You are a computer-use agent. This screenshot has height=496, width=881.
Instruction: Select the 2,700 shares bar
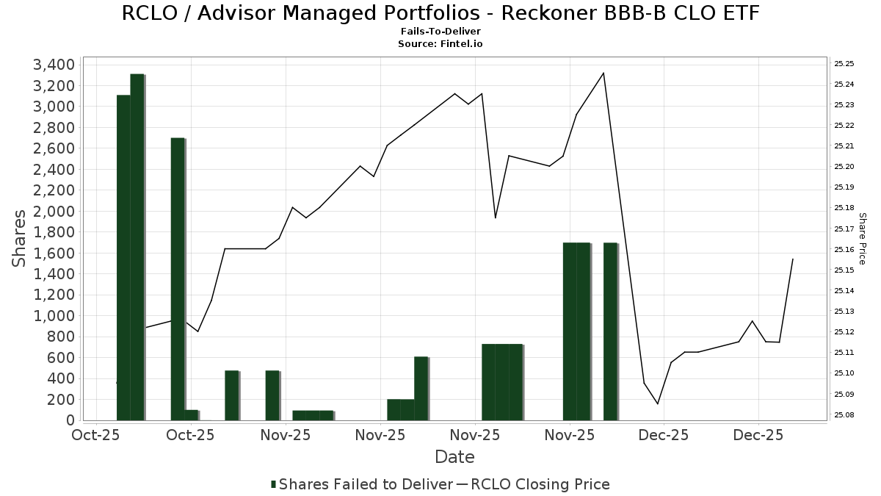(178, 279)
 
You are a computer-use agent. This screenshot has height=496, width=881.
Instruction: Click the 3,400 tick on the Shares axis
(54, 65)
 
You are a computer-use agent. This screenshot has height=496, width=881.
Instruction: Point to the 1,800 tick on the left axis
(54, 232)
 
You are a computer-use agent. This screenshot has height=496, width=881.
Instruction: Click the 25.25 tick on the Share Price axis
(844, 64)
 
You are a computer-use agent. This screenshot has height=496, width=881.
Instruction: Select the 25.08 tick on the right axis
(844, 415)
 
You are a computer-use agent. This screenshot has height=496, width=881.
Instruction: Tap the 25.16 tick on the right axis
(844, 250)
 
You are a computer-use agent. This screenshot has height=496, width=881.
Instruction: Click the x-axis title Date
(454, 457)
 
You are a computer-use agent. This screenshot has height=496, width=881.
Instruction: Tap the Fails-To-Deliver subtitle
(440, 32)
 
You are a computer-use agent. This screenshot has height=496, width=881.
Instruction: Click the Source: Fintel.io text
(440, 43)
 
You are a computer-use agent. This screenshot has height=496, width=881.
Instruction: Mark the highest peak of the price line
(603, 73)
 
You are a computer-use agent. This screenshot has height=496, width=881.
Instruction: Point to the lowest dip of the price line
(658, 403)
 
